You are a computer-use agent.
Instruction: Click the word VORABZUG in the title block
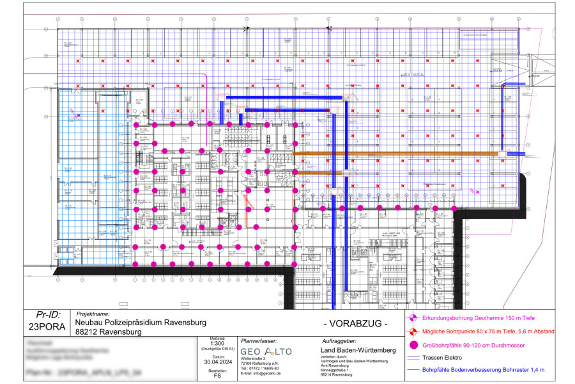(356, 324)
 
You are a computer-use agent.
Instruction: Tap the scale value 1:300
(217, 344)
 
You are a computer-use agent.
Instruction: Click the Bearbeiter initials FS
(217, 378)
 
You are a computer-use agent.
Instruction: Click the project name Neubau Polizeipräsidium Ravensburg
(137, 323)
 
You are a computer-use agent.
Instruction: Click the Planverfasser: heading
(259, 342)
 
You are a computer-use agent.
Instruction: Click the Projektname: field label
(93, 314)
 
